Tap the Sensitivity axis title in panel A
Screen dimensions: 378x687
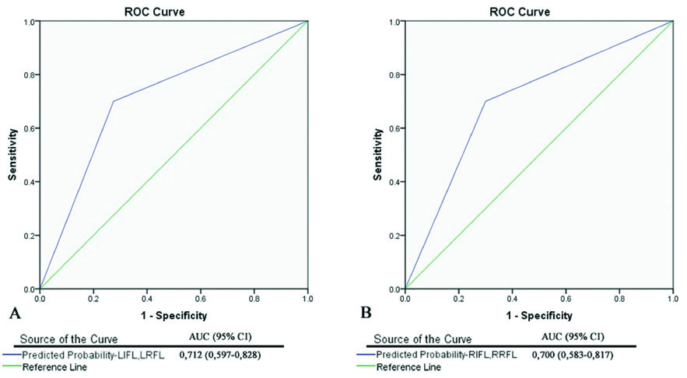(13, 155)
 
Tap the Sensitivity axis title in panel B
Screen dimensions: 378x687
(378, 155)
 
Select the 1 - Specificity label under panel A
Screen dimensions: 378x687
(173, 316)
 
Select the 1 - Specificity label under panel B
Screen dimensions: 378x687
(538, 316)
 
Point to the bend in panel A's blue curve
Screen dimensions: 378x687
(114, 101)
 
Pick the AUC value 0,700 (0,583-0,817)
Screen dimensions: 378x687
(584, 355)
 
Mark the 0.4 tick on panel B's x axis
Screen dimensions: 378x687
(512, 297)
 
